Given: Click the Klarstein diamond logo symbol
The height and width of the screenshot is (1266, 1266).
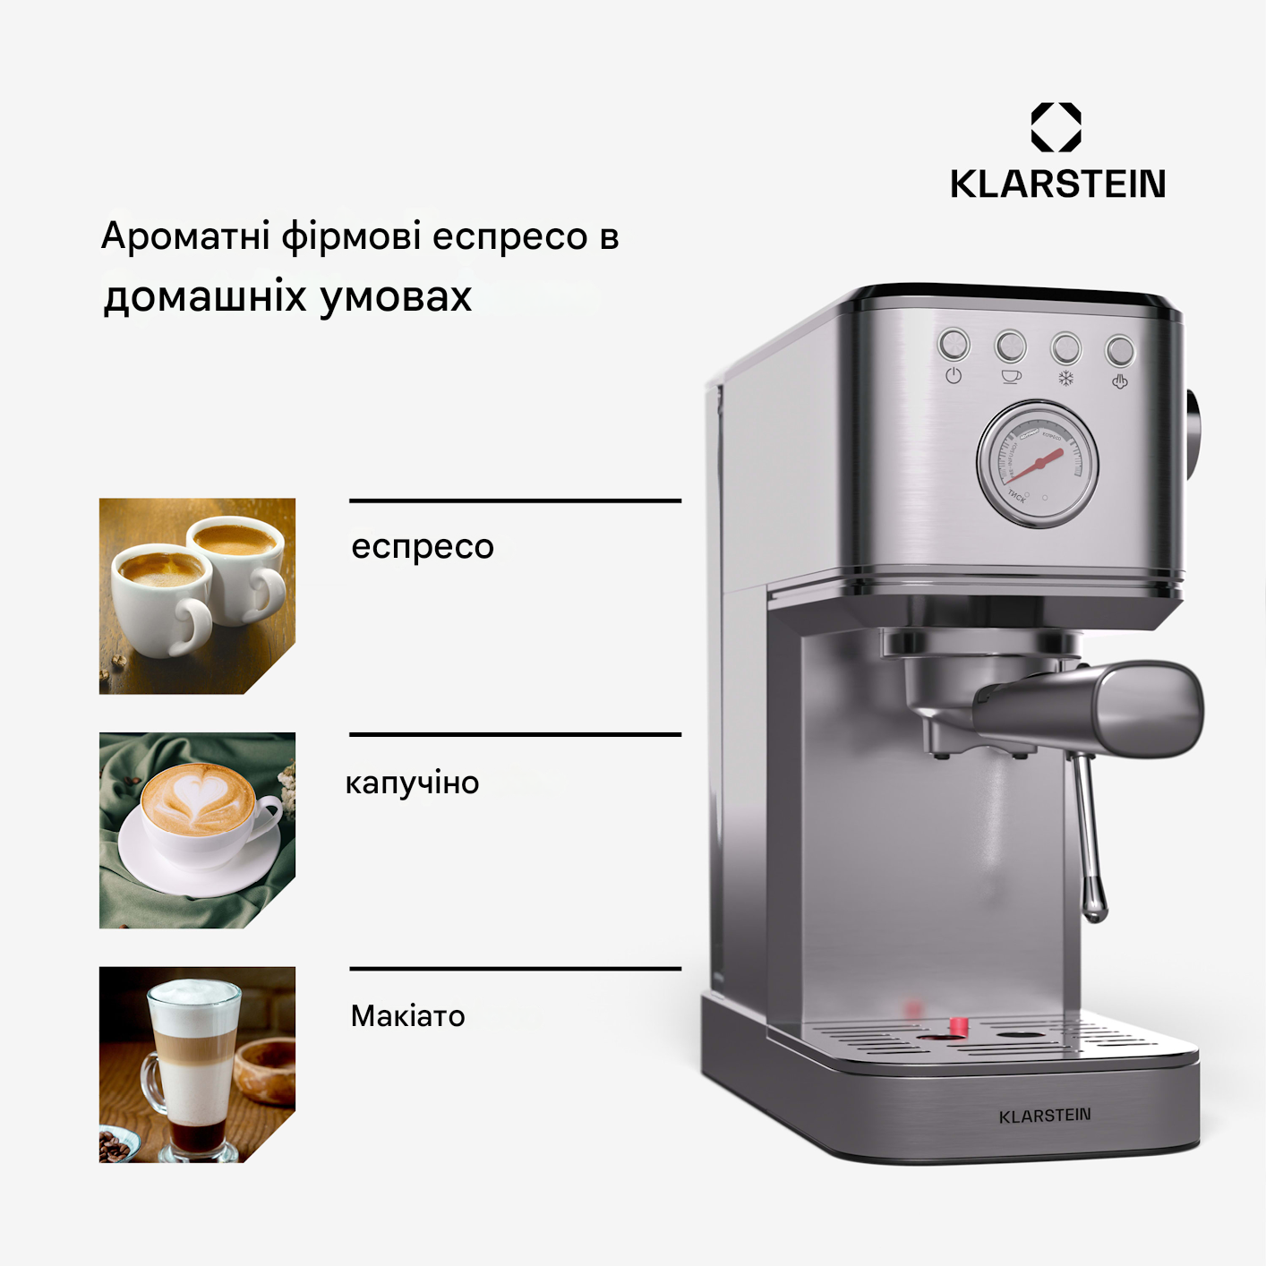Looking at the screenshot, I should click(x=1056, y=126).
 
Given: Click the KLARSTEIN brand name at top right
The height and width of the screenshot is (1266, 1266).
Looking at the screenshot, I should click(x=1057, y=184).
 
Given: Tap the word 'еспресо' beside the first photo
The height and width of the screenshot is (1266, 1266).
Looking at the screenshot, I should click(x=423, y=546).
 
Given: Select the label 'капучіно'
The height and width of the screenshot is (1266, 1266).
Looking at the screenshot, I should click(x=413, y=783).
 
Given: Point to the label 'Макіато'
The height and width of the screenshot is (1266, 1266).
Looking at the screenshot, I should click(x=408, y=1016).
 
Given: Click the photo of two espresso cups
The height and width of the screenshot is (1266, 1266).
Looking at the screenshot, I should click(x=197, y=595).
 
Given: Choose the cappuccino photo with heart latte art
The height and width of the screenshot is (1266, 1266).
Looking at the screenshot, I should click(x=197, y=830).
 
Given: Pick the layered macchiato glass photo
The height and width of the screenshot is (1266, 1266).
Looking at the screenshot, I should click(x=197, y=1064).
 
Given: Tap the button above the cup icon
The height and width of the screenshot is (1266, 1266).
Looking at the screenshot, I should click(x=1010, y=346).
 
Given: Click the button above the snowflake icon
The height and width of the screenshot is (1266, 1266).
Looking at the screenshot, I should click(x=1065, y=347).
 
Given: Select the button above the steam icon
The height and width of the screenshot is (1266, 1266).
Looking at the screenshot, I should click(x=1119, y=350).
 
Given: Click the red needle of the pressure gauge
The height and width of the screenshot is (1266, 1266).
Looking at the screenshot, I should click(x=1039, y=464).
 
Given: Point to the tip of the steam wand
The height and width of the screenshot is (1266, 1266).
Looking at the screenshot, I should click(x=1094, y=911).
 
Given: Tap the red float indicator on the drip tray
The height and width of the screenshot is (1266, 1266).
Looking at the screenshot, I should click(x=958, y=1026).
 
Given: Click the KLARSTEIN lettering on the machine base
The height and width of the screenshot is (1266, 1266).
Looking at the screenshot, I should click(x=1045, y=1116).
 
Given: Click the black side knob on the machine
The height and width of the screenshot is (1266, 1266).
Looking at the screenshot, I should click(x=1194, y=434).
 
